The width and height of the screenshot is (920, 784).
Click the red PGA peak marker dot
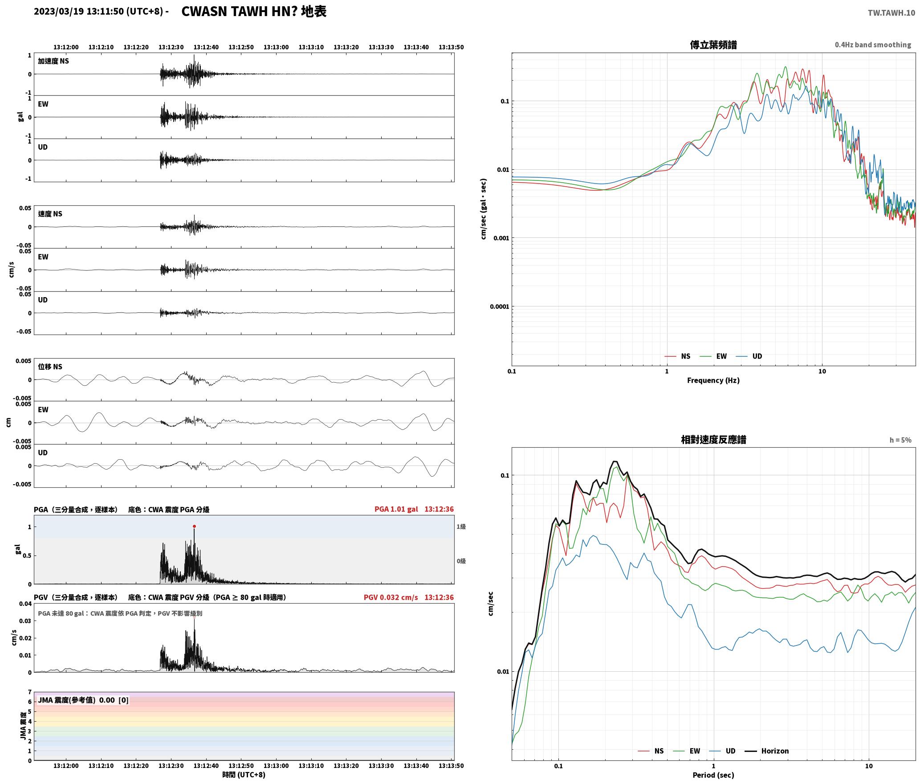pyautogui.click(x=194, y=527)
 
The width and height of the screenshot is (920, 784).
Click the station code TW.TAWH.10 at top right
pyautogui.click(x=892, y=12)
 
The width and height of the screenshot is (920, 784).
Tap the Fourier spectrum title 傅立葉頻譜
pyautogui.click(x=713, y=45)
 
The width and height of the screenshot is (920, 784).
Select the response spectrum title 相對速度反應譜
pyautogui.click(x=713, y=440)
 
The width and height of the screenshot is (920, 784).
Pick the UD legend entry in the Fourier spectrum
pyautogui.click(x=749, y=356)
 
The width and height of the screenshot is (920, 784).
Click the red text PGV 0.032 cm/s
pyautogui.click(x=391, y=597)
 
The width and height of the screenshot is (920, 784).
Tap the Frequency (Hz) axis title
pyautogui.click(x=713, y=380)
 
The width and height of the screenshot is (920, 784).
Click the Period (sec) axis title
pyautogui.click(x=713, y=775)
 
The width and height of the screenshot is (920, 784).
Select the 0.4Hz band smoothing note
pyautogui.click(x=873, y=45)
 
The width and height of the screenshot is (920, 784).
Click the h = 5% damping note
pyautogui.click(x=900, y=440)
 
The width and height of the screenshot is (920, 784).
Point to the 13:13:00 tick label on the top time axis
pyautogui.click(x=276, y=47)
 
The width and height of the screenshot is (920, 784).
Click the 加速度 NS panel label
pyautogui.click(x=53, y=61)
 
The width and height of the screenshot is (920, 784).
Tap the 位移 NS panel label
pyautogui.click(x=50, y=367)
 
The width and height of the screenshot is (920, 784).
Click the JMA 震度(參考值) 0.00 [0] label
pyautogui.click(x=83, y=700)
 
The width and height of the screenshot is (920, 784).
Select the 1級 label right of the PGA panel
pyautogui.click(x=461, y=527)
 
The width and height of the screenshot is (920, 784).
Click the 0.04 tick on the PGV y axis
pyautogui.click(x=25, y=604)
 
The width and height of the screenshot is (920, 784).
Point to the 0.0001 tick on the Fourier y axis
pyautogui.click(x=499, y=306)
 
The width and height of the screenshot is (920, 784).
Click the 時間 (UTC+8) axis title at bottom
pyautogui.click(x=244, y=775)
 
